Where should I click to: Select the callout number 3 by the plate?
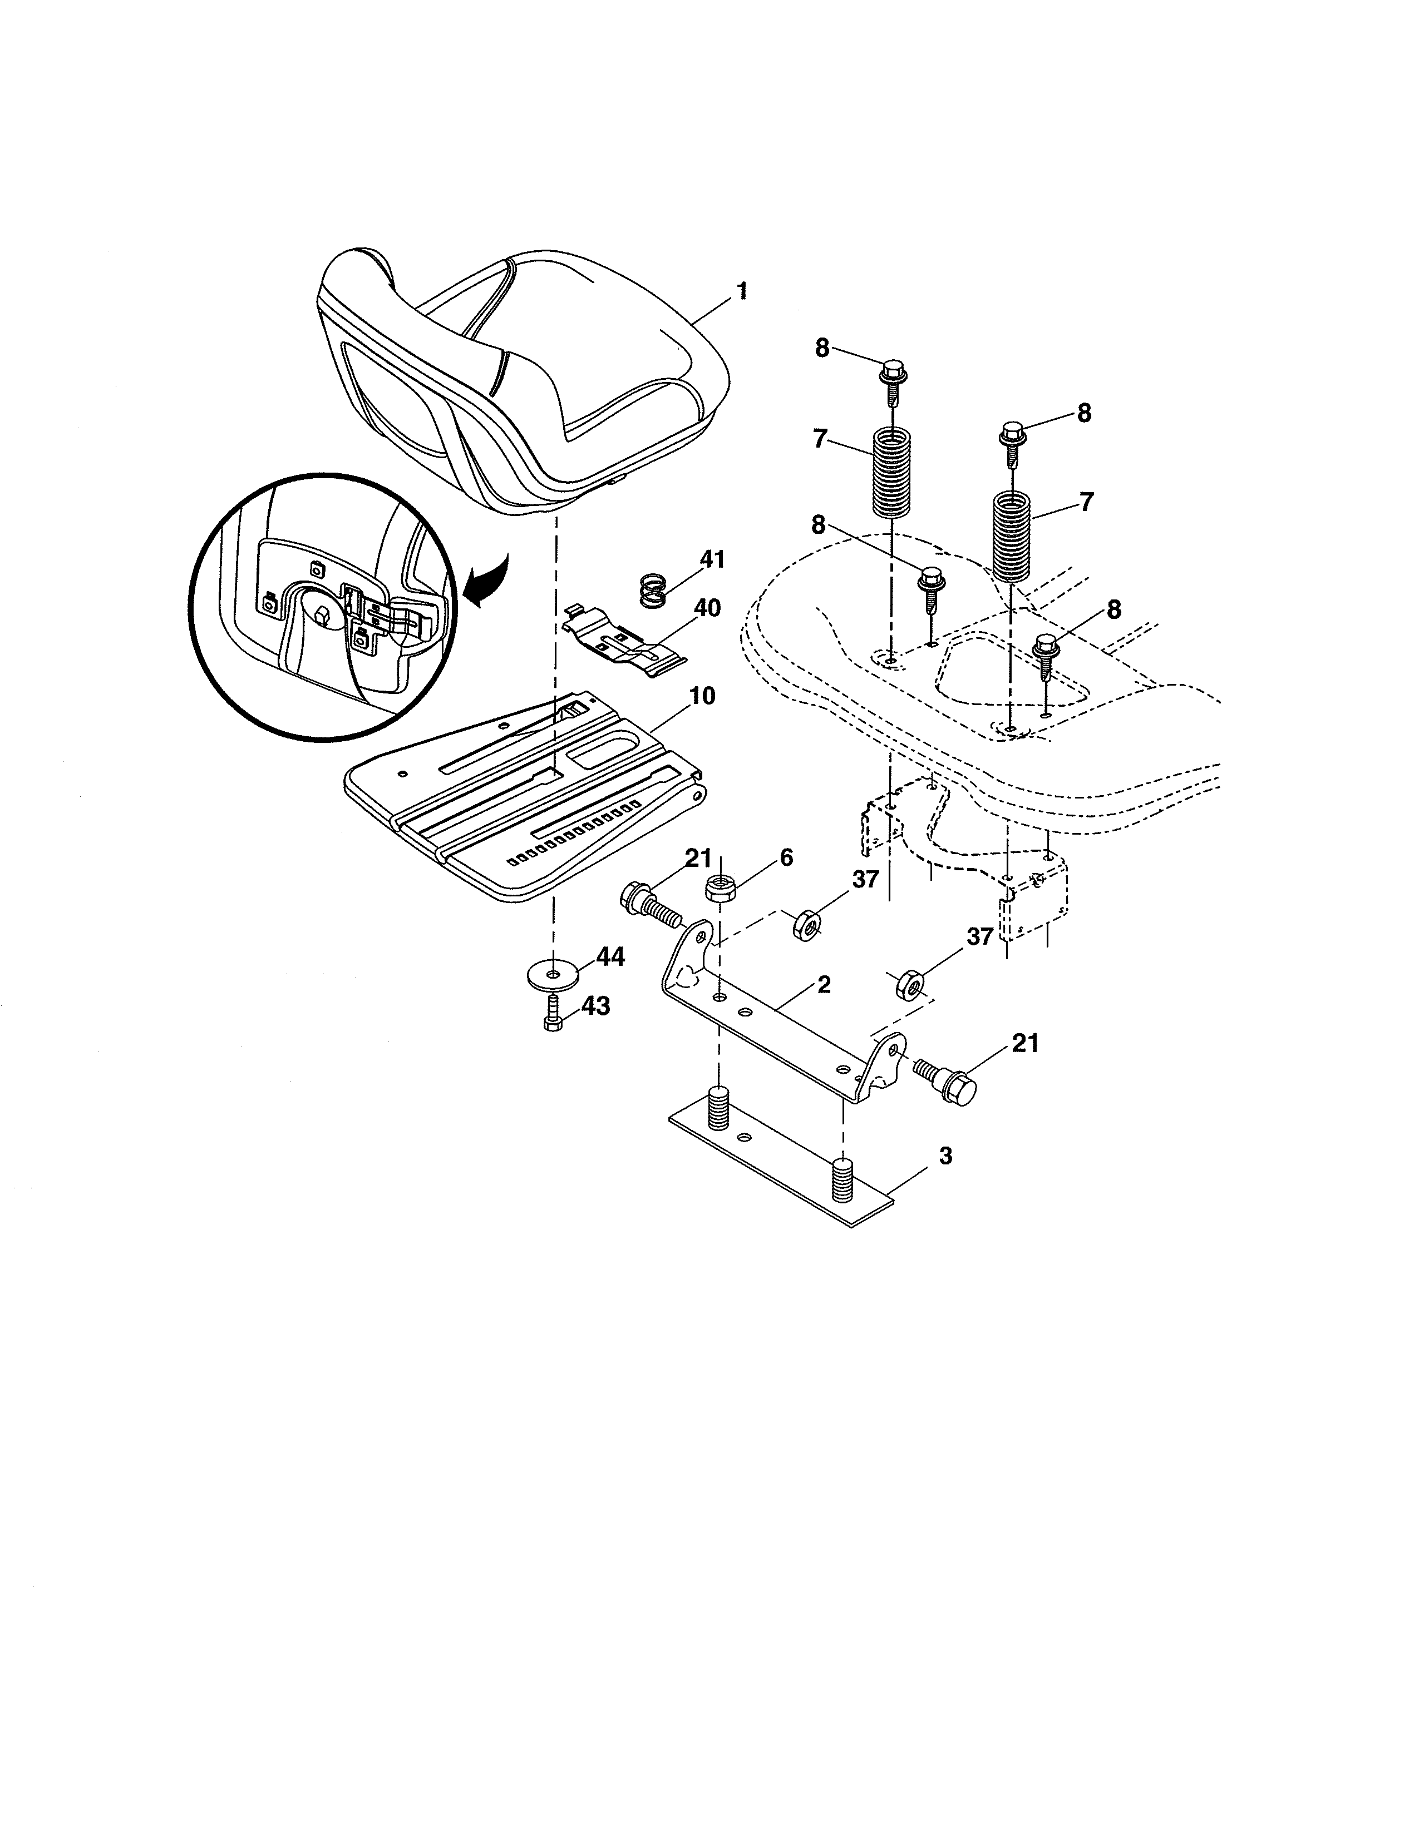click(x=945, y=1156)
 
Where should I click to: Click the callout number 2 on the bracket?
click(x=824, y=984)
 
